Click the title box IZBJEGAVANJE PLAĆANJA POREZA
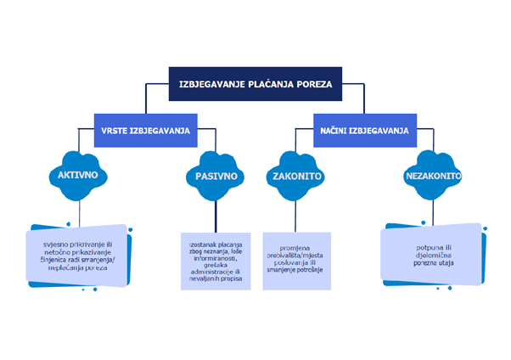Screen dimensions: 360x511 tap(255, 84)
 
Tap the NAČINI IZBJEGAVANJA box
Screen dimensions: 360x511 tap(364, 131)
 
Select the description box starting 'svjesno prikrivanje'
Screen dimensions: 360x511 tap(78, 254)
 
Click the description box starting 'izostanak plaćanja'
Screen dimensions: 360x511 tap(216, 261)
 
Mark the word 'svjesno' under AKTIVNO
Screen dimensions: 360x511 tap(59, 243)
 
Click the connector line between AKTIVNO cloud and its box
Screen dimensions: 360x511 tap(78, 212)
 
